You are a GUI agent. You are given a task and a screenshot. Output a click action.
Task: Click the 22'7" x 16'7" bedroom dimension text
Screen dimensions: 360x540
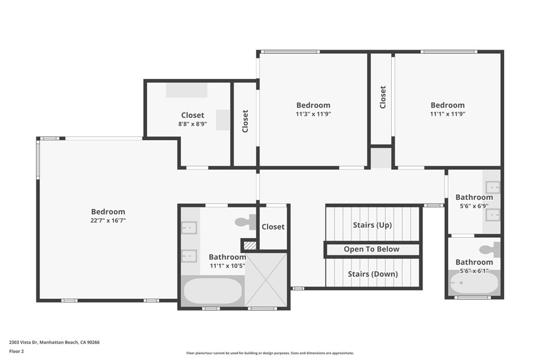click(x=108, y=220)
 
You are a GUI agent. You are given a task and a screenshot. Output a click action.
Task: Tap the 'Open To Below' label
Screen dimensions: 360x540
click(x=372, y=249)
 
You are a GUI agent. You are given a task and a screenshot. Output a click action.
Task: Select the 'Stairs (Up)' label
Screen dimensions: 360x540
click(x=372, y=225)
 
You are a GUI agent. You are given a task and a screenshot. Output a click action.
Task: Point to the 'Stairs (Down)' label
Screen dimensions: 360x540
click(x=372, y=274)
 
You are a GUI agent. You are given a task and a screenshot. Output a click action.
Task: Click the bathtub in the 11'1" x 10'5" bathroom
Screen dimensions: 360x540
click(x=213, y=291)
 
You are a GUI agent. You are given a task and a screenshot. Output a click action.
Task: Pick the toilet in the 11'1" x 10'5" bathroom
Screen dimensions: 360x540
click(x=245, y=222)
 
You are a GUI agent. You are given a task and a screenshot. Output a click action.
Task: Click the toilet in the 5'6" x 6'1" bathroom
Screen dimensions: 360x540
click(x=489, y=249)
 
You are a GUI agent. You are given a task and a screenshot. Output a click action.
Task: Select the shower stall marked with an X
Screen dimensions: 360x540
click(x=266, y=279)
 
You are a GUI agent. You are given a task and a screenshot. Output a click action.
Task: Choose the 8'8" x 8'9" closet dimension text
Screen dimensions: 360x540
click(x=192, y=124)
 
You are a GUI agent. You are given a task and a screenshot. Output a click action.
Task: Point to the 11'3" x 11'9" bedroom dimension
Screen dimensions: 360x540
click(x=313, y=114)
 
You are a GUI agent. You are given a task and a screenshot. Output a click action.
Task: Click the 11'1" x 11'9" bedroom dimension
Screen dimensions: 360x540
click(x=448, y=114)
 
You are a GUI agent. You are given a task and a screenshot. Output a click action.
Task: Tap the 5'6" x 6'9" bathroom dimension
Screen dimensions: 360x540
click(x=474, y=206)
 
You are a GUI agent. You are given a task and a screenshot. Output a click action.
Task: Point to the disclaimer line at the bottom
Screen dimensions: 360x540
click(x=269, y=353)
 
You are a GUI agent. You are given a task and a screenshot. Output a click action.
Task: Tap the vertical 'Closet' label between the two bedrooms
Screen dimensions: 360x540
click(x=383, y=98)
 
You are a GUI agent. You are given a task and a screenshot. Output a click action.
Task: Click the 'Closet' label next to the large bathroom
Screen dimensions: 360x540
click(x=273, y=227)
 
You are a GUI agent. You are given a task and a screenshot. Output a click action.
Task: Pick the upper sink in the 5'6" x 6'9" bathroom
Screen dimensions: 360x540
click(x=493, y=187)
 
